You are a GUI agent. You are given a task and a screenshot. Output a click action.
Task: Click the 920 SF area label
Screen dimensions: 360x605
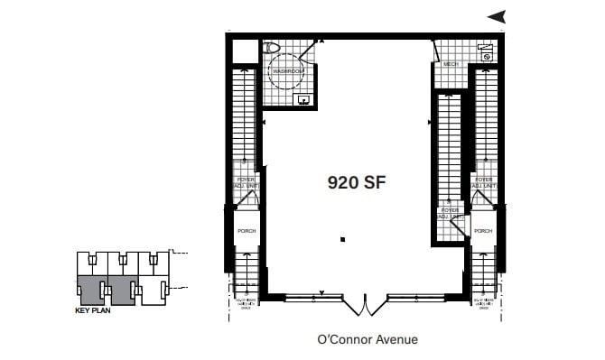click(x=351, y=180)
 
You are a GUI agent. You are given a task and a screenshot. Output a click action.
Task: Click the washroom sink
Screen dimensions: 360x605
click(x=303, y=99)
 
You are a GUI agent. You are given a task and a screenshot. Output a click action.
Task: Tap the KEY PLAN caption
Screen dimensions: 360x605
click(x=93, y=311)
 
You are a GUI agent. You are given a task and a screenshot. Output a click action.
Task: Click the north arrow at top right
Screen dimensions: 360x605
click(x=497, y=15)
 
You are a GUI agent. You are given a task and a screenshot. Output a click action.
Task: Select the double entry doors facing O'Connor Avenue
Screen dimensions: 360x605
click(x=365, y=304)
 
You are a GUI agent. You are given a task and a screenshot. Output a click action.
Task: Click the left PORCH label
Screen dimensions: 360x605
click(x=247, y=231)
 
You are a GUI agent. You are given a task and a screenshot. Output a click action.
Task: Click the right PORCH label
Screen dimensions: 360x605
click(x=483, y=231)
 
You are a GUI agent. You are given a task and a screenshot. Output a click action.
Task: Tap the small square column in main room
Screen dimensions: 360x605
click(x=342, y=239)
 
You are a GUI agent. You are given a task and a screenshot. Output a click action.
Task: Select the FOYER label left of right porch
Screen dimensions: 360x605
click(x=450, y=214)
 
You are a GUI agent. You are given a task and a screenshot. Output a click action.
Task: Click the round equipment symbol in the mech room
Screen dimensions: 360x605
click(x=487, y=57)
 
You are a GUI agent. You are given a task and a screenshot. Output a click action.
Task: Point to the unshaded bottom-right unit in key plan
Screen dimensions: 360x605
click(x=155, y=290)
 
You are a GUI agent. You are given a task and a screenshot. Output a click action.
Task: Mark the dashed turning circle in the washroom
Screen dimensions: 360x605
click(x=289, y=72)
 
